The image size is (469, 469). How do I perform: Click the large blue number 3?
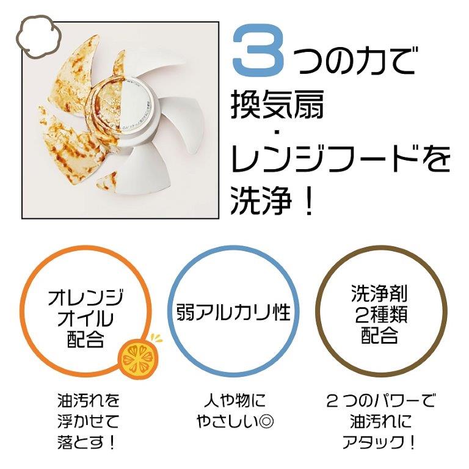click(258, 49)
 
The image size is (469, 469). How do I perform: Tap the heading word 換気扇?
click(277, 104)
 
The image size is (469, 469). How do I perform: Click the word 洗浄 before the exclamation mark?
click(261, 200)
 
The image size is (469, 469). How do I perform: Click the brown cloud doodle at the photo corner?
click(38, 36)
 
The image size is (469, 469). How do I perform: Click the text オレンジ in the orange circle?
click(85, 297)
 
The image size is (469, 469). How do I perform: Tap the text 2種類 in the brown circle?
click(380, 314)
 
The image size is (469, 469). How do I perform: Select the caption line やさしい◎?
click(234, 421)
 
